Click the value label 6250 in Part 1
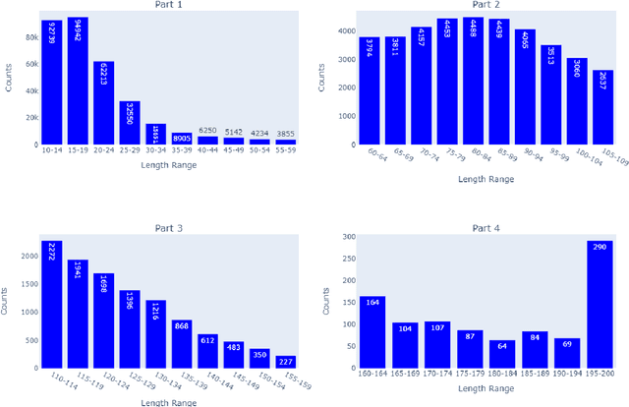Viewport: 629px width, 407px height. [207, 130]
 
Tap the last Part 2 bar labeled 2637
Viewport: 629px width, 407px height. [601, 107]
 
